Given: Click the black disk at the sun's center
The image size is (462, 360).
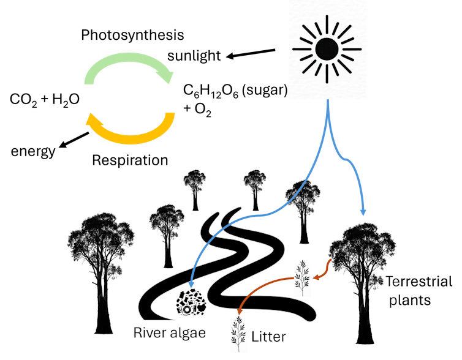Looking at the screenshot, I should (x=327, y=48).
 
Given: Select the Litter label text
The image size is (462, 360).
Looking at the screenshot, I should (x=268, y=336).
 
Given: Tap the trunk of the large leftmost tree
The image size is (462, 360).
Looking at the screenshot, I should (x=101, y=306).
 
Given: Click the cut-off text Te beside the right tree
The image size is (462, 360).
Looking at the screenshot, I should (x=392, y=282).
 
